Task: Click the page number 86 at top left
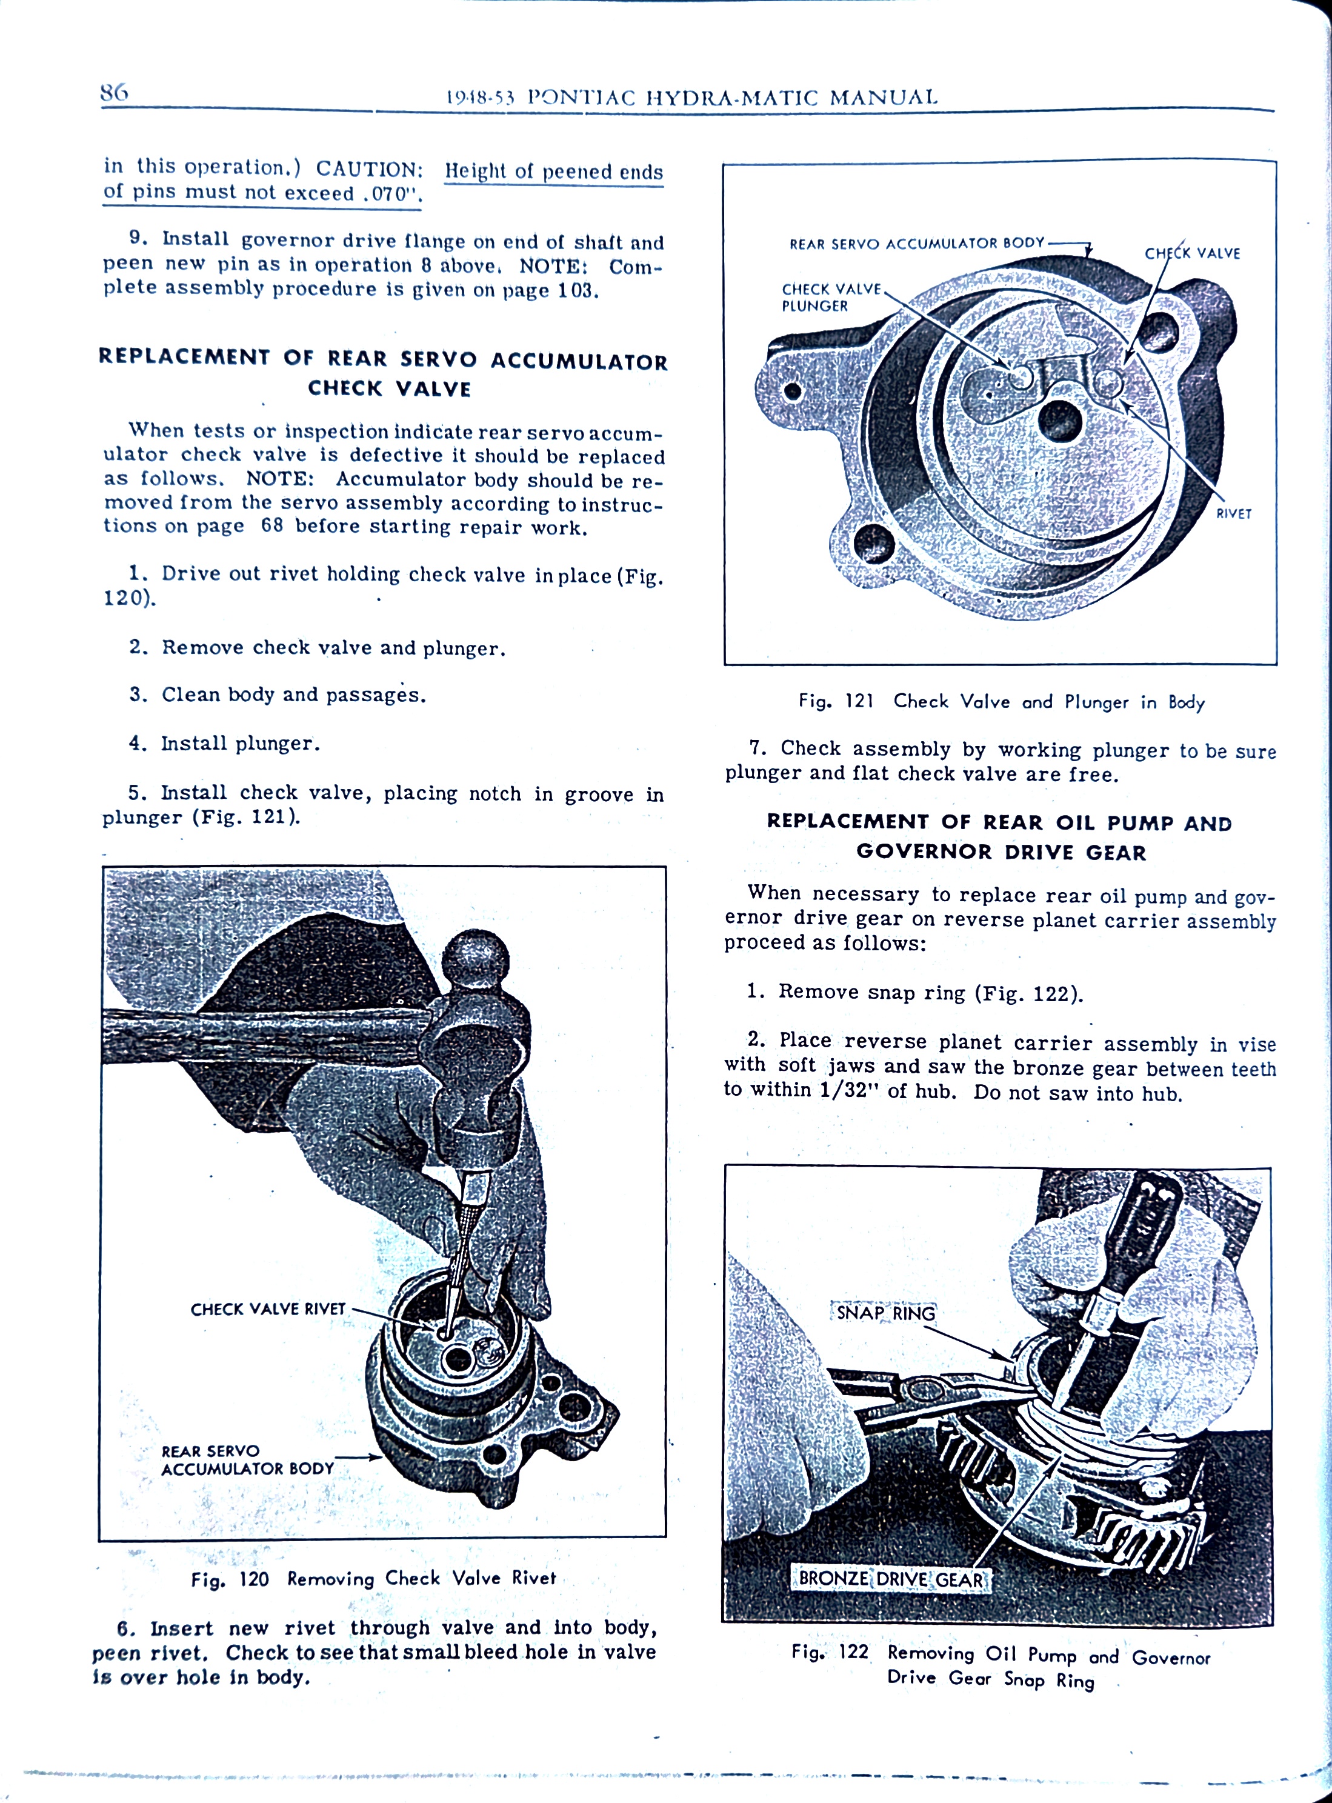pyautogui.click(x=114, y=93)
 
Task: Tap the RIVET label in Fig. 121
pyautogui.click(x=1233, y=514)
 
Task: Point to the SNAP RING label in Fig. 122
pyautogui.click(x=885, y=1313)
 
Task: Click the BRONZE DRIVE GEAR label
pyautogui.click(x=890, y=1579)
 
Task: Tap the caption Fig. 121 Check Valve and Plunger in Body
pyautogui.click(x=1001, y=702)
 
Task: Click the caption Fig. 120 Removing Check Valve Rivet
pyautogui.click(x=373, y=1578)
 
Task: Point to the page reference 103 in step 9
pyautogui.click(x=576, y=290)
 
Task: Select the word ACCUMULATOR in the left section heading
pyautogui.click(x=579, y=361)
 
